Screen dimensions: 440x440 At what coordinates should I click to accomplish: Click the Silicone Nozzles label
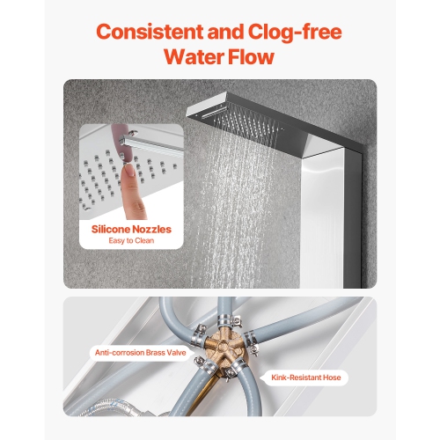pos(132,230)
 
